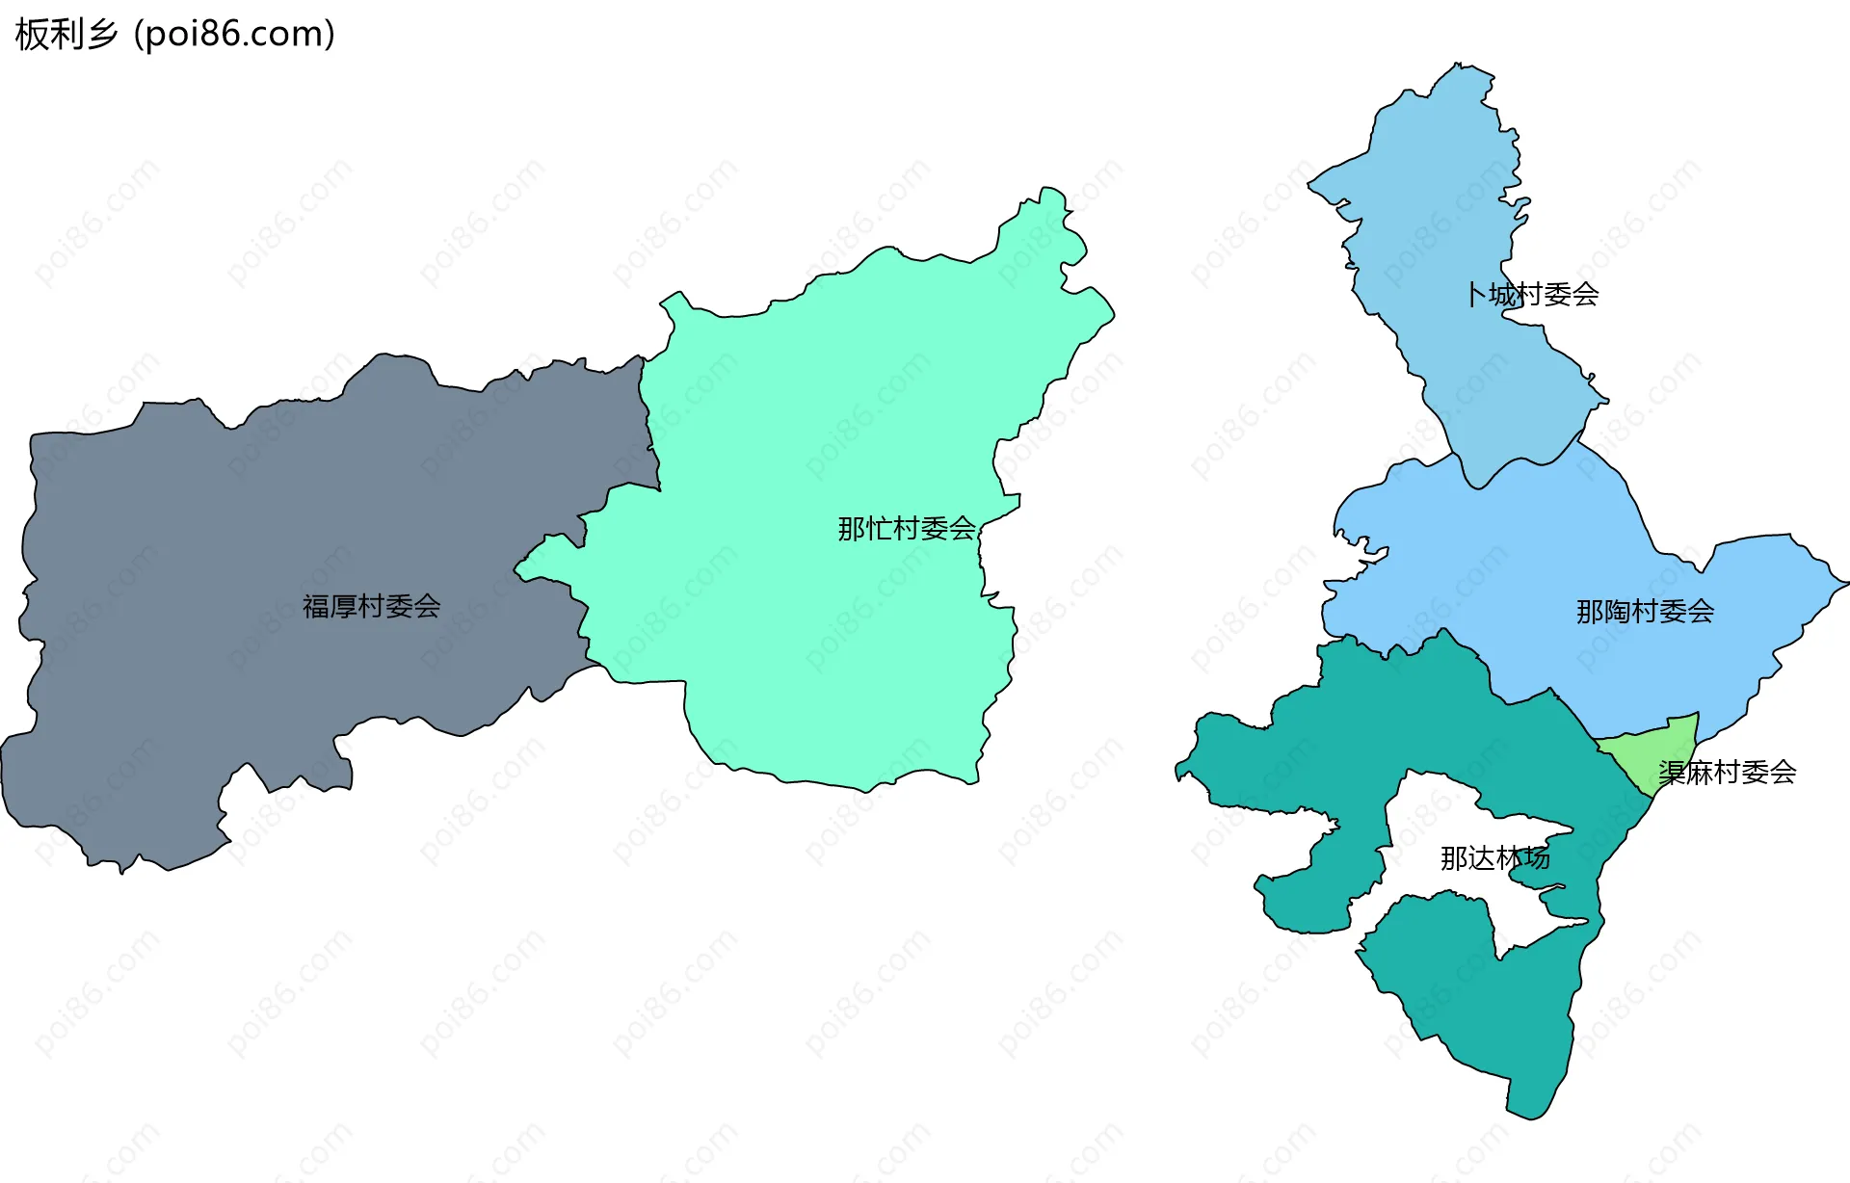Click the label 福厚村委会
pyautogui.click(x=371, y=606)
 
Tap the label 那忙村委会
pyautogui.click(x=907, y=529)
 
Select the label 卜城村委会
pyautogui.click(x=1532, y=295)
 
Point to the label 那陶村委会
pyautogui.click(x=1645, y=612)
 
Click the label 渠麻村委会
pyautogui.click(x=1727, y=773)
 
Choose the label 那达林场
pyautogui.click(x=1494, y=858)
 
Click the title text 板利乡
pyautogui.click(x=66, y=35)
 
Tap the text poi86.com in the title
pyautogui.click(x=234, y=35)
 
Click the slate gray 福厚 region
pyautogui.click(x=241, y=539)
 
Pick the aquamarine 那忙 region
pyautogui.click(x=819, y=626)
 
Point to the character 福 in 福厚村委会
pyautogui.click(x=316, y=606)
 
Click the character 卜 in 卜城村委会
pyautogui.click(x=1475, y=295)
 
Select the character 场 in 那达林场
pyautogui.click(x=1537, y=858)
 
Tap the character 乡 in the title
pyautogui.click(x=102, y=35)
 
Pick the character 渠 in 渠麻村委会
pyautogui.click(x=1672, y=773)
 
